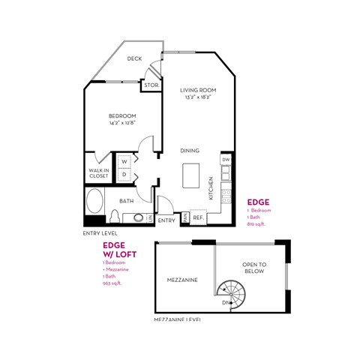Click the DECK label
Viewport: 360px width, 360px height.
[135, 58]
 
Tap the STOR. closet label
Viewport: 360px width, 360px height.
[150, 85]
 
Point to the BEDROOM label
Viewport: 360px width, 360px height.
[121, 115]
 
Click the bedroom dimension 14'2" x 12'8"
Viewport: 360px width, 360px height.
[121, 123]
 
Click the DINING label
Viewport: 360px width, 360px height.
[190, 151]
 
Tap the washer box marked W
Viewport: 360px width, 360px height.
[124, 161]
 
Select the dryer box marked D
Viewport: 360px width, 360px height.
[124, 175]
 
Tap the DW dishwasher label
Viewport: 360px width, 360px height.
[225, 160]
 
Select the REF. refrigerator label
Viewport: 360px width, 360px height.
[199, 217]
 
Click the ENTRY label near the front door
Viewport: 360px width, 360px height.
[166, 220]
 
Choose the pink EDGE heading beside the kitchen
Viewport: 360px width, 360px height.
[258, 202]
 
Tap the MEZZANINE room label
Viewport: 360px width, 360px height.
[182, 280]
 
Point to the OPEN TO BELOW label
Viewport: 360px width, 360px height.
[254, 268]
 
